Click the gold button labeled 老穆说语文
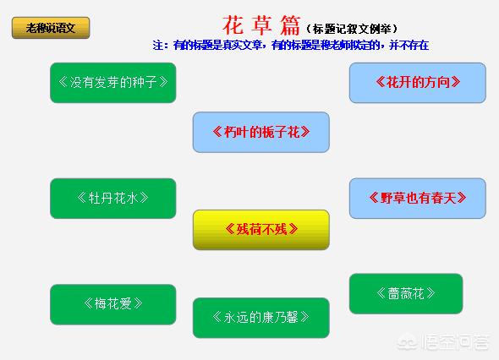tap(51, 28)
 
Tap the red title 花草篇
tap(261, 25)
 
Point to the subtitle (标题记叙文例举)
tap(352, 30)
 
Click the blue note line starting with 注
tap(291, 45)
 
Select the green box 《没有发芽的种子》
tap(113, 83)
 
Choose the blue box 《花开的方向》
tap(418, 83)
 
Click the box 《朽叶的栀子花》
tap(261, 132)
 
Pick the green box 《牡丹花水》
tap(113, 199)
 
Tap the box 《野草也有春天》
tap(418, 198)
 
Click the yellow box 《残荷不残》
tap(261, 230)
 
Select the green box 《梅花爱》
tap(113, 304)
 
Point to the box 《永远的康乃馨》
tap(261, 318)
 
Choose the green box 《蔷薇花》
tap(406, 293)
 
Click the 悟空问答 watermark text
tap(455, 342)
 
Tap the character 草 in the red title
tap(261, 25)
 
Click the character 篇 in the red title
tap(290, 25)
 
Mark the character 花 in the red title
tap(233, 25)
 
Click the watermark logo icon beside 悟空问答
tap(408, 342)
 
